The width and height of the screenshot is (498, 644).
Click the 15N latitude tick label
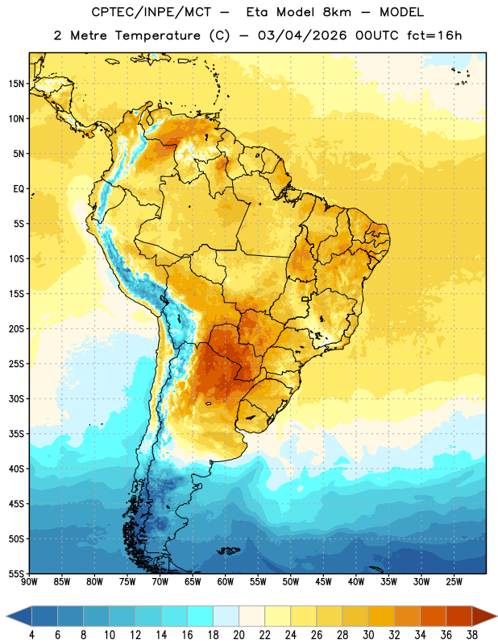16,84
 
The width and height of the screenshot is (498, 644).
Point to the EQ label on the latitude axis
19,189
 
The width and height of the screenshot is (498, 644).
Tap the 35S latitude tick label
16,434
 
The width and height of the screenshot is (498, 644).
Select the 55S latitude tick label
16,573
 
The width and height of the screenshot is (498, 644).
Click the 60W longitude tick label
226,581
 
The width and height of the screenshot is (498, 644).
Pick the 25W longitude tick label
454,581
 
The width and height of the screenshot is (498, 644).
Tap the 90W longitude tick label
29,581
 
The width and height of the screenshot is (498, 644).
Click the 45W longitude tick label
323,581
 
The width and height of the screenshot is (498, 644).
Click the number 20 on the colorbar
239,635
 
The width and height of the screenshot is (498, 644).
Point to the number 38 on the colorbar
472,635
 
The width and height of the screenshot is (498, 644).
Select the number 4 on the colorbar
31,635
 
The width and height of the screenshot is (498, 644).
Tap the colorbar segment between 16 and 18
200,616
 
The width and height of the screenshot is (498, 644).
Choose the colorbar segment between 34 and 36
433,616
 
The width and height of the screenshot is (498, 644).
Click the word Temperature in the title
157,35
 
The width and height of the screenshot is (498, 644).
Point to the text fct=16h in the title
434,35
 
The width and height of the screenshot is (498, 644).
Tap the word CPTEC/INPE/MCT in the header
151,12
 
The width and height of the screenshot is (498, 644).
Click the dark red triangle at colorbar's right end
483,616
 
